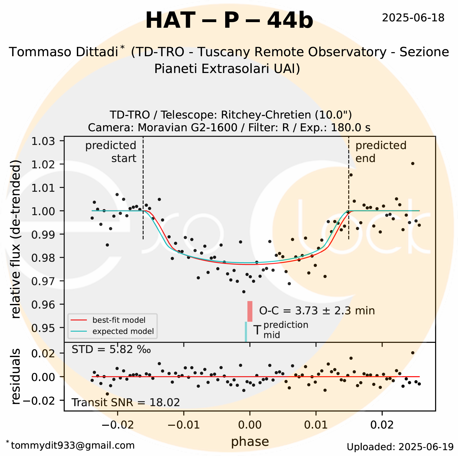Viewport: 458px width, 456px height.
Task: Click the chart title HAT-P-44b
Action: point(229,21)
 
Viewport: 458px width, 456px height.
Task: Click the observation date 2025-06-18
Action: point(413,18)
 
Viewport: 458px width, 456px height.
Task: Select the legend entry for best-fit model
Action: point(119,320)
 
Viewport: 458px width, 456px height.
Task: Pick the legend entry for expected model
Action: point(123,331)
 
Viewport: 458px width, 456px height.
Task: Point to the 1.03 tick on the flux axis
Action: point(43,141)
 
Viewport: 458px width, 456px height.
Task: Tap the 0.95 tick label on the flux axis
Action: point(43,328)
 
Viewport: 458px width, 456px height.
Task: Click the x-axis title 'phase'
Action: point(250,442)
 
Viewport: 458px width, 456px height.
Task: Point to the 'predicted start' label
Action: point(111,152)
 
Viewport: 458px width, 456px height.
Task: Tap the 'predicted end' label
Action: point(381,152)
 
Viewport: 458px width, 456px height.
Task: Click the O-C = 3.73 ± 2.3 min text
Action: point(317,311)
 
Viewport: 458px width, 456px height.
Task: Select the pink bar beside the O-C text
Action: point(250,311)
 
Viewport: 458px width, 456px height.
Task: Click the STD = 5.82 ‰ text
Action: point(111,350)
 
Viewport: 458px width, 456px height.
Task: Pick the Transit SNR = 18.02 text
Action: point(126,403)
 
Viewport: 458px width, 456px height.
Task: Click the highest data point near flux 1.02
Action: point(413,164)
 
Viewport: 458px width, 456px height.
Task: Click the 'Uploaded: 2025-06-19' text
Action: point(400,447)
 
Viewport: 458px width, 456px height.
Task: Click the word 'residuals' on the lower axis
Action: point(16,376)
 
